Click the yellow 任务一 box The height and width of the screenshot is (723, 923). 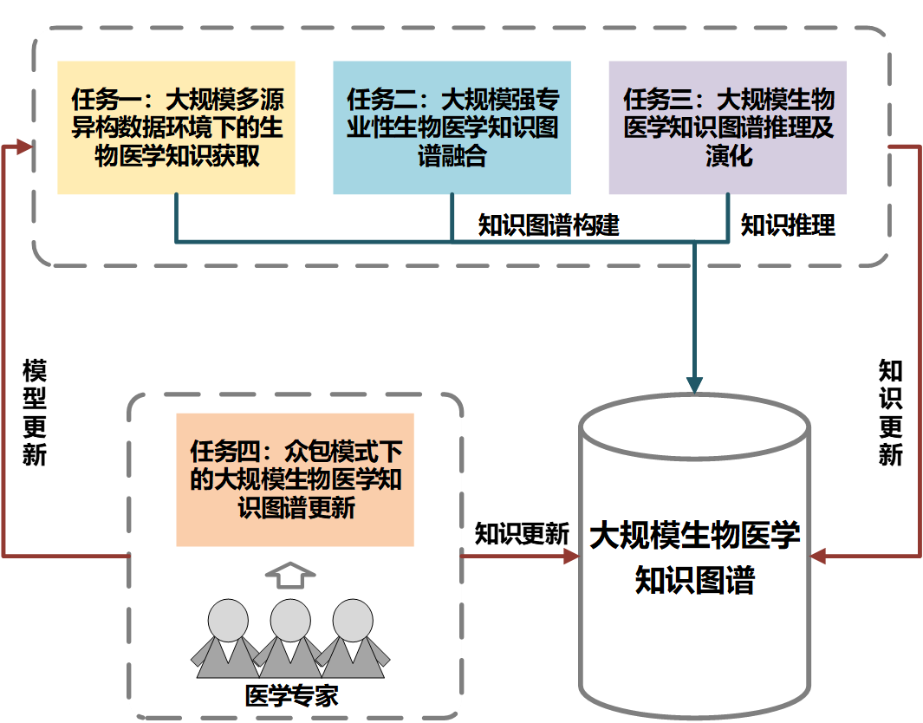click(x=176, y=127)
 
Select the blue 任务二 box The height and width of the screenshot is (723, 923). click(x=452, y=127)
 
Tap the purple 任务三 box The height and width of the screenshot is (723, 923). click(x=727, y=127)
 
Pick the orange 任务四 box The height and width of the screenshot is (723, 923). click(x=295, y=479)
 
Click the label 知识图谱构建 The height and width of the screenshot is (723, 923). click(x=549, y=225)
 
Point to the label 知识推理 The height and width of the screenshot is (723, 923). click(x=787, y=225)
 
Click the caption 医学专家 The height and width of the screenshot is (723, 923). click(x=291, y=696)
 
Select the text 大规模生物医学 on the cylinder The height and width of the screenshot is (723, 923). click(x=694, y=535)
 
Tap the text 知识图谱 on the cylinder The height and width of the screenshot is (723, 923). click(x=694, y=579)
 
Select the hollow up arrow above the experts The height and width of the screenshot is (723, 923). click(x=289, y=575)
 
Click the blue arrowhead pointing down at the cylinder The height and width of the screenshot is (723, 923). click(x=694, y=384)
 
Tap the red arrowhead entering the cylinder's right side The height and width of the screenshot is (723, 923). click(x=819, y=556)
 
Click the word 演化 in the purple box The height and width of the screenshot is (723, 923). click(x=728, y=157)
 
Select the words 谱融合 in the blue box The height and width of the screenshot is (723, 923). click(x=452, y=157)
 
